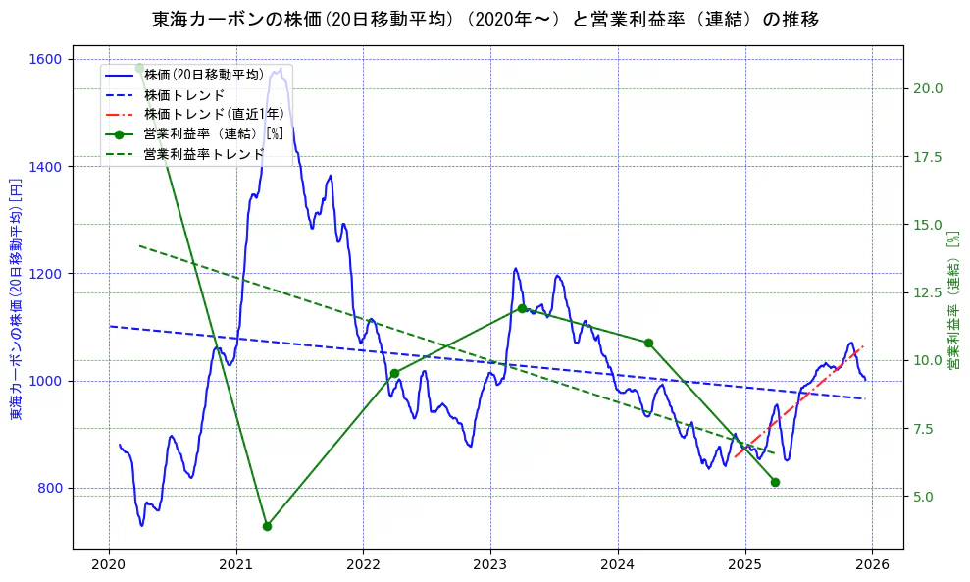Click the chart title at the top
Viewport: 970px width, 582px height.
point(485,19)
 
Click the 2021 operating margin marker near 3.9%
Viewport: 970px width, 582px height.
point(267,526)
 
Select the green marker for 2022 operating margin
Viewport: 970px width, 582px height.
point(394,373)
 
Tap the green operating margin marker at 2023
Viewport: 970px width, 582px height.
point(522,308)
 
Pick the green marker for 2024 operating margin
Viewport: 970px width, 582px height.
point(648,343)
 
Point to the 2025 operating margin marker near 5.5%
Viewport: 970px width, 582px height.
point(775,482)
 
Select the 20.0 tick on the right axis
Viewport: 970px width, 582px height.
point(927,88)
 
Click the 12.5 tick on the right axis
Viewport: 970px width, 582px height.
point(927,292)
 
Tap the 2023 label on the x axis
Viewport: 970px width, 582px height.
point(490,564)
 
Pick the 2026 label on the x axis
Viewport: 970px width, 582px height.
point(872,564)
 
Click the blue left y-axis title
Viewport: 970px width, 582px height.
point(16,299)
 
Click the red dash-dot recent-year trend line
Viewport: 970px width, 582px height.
point(799,401)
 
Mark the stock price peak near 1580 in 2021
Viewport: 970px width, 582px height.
point(281,68)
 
